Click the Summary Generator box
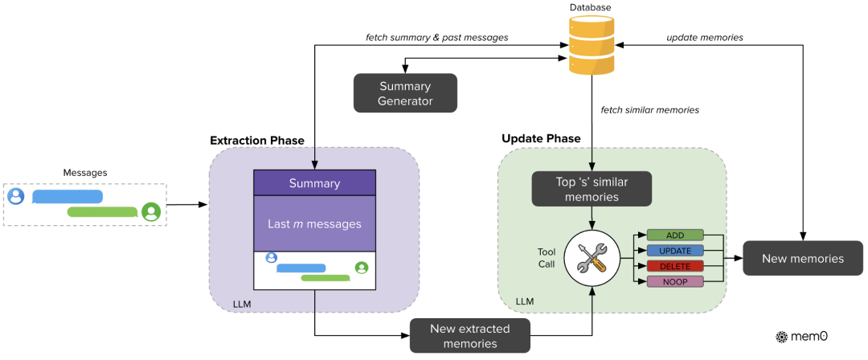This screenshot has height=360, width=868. coord(405,93)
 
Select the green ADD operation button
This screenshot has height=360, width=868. coord(675,235)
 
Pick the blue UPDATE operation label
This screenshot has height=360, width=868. coord(675,251)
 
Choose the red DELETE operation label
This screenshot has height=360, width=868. coord(675,266)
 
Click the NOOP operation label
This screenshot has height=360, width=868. coord(675,281)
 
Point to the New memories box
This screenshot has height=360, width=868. coord(802,259)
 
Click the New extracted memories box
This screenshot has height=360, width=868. coord(471,335)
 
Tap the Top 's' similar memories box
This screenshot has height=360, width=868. coord(592,190)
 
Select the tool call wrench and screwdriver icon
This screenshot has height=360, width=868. coord(592,258)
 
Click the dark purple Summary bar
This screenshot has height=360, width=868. coord(314,183)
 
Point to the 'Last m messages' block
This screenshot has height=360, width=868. coord(314,223)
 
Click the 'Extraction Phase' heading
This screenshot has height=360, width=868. coord(257,141)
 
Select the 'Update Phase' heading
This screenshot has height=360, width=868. coord(541,138)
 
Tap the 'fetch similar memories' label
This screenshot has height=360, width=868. coord(650,109)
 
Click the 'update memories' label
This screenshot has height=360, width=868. coord(704,38)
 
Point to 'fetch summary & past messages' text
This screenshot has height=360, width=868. coord(436,38)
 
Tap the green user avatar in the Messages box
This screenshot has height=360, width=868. coord(150,211)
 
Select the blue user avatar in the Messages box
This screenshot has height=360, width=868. coord(15,196)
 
